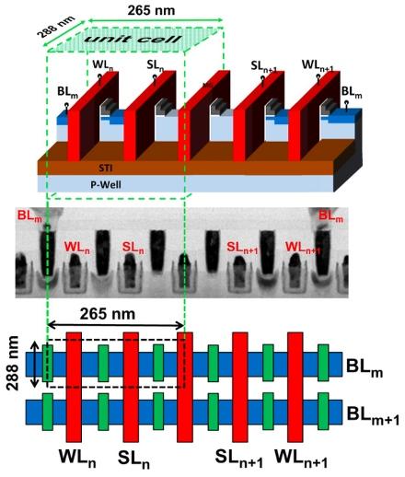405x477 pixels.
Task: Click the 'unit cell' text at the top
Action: [133, 39]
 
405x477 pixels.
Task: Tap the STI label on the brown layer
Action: [105, 169]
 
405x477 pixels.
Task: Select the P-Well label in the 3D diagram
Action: [106, 185]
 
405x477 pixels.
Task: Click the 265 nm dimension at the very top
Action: [151, 10]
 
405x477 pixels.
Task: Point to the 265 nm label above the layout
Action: [108, 314]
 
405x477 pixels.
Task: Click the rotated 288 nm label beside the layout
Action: [13, 363]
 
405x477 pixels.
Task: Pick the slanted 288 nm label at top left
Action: [56, 27]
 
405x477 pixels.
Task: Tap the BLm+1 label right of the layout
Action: [373, 415]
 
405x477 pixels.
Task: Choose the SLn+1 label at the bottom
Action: [238, 458]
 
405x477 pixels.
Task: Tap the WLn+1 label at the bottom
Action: [301, 458]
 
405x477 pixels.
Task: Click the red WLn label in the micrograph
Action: [77, 248]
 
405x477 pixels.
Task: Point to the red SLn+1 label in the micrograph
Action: [243, 248]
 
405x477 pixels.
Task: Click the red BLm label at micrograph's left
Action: [29, 215]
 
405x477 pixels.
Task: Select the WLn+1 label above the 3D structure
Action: [318, 66]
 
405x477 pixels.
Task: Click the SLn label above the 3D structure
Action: [156, 65]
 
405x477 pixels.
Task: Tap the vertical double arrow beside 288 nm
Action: [35, 365]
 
